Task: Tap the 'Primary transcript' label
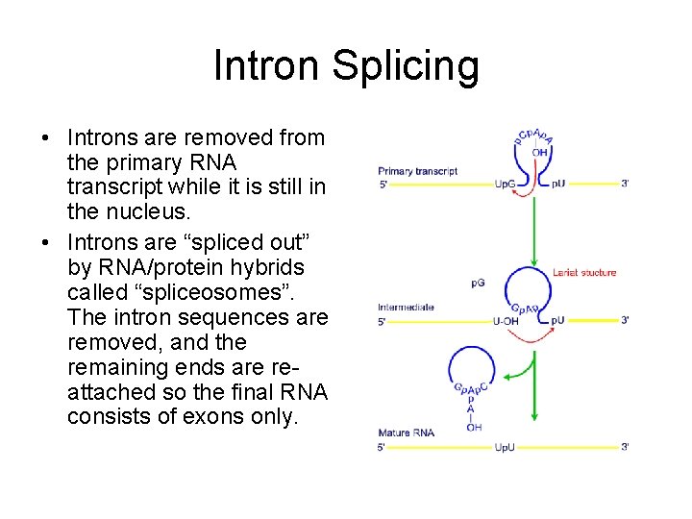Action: (x=417, y=171)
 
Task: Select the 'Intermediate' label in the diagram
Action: (x=406, y=308)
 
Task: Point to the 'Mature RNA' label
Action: (x=406, y=432)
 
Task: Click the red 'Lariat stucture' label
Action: (x=584, y=273)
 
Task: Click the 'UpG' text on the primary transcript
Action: (x=505, y=184)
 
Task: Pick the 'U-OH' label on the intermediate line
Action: (x=506, y=321)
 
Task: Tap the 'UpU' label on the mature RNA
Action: (x=505, y=447)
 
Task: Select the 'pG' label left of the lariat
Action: (x=478, y=283)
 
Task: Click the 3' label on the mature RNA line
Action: (x=625, y=447)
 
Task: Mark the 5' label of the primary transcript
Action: (x=383, y=184)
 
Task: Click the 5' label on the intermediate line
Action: (x=383, y=321)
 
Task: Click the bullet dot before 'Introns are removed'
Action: (x=45, y=137)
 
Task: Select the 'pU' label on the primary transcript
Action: (x=558, y=184)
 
